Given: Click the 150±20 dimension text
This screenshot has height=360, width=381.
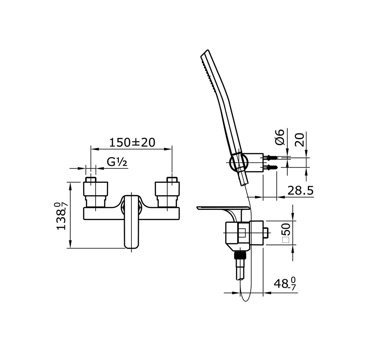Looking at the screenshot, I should point(132,142).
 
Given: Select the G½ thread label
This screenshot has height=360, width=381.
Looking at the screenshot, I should point(117,163).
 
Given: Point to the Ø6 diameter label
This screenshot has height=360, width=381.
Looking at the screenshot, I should point(280,137).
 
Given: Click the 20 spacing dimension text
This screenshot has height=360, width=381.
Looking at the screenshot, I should point(300,138).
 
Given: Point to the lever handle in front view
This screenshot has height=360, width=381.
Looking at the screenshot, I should point(131,222).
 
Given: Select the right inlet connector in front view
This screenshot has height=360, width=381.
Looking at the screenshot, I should point(167,190).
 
